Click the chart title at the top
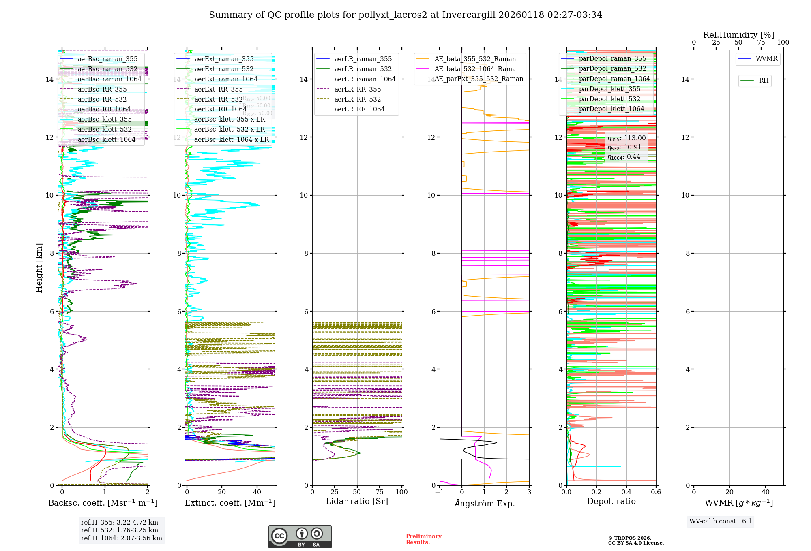click(x=405, y=15)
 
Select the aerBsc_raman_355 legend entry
click(x=107, y=59)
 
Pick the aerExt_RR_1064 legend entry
click(x=220, y=109)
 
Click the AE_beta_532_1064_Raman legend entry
click(x=477, y=69)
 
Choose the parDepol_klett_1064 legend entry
click(x=611, y=109)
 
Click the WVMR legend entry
click(x=766, y=59)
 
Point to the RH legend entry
click(x=763, y=81)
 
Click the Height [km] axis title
click(x=39, y=268)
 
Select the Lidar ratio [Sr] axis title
click(x=357, y=501)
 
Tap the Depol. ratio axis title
click(x=611, y=501)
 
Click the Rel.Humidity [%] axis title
click(x=738, y=35)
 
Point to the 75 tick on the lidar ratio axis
click(x=380, y=492)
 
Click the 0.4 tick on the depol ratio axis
click(x=626, y=492)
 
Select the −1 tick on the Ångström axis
click(x=439, y=492)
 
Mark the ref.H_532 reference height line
click(x=120, y=530)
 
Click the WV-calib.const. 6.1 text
click(x=721, y=521)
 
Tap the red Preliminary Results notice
click(x=423, y=539)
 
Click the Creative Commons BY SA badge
click(x=300, y=536)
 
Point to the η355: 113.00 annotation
click(x=626, y=138)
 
